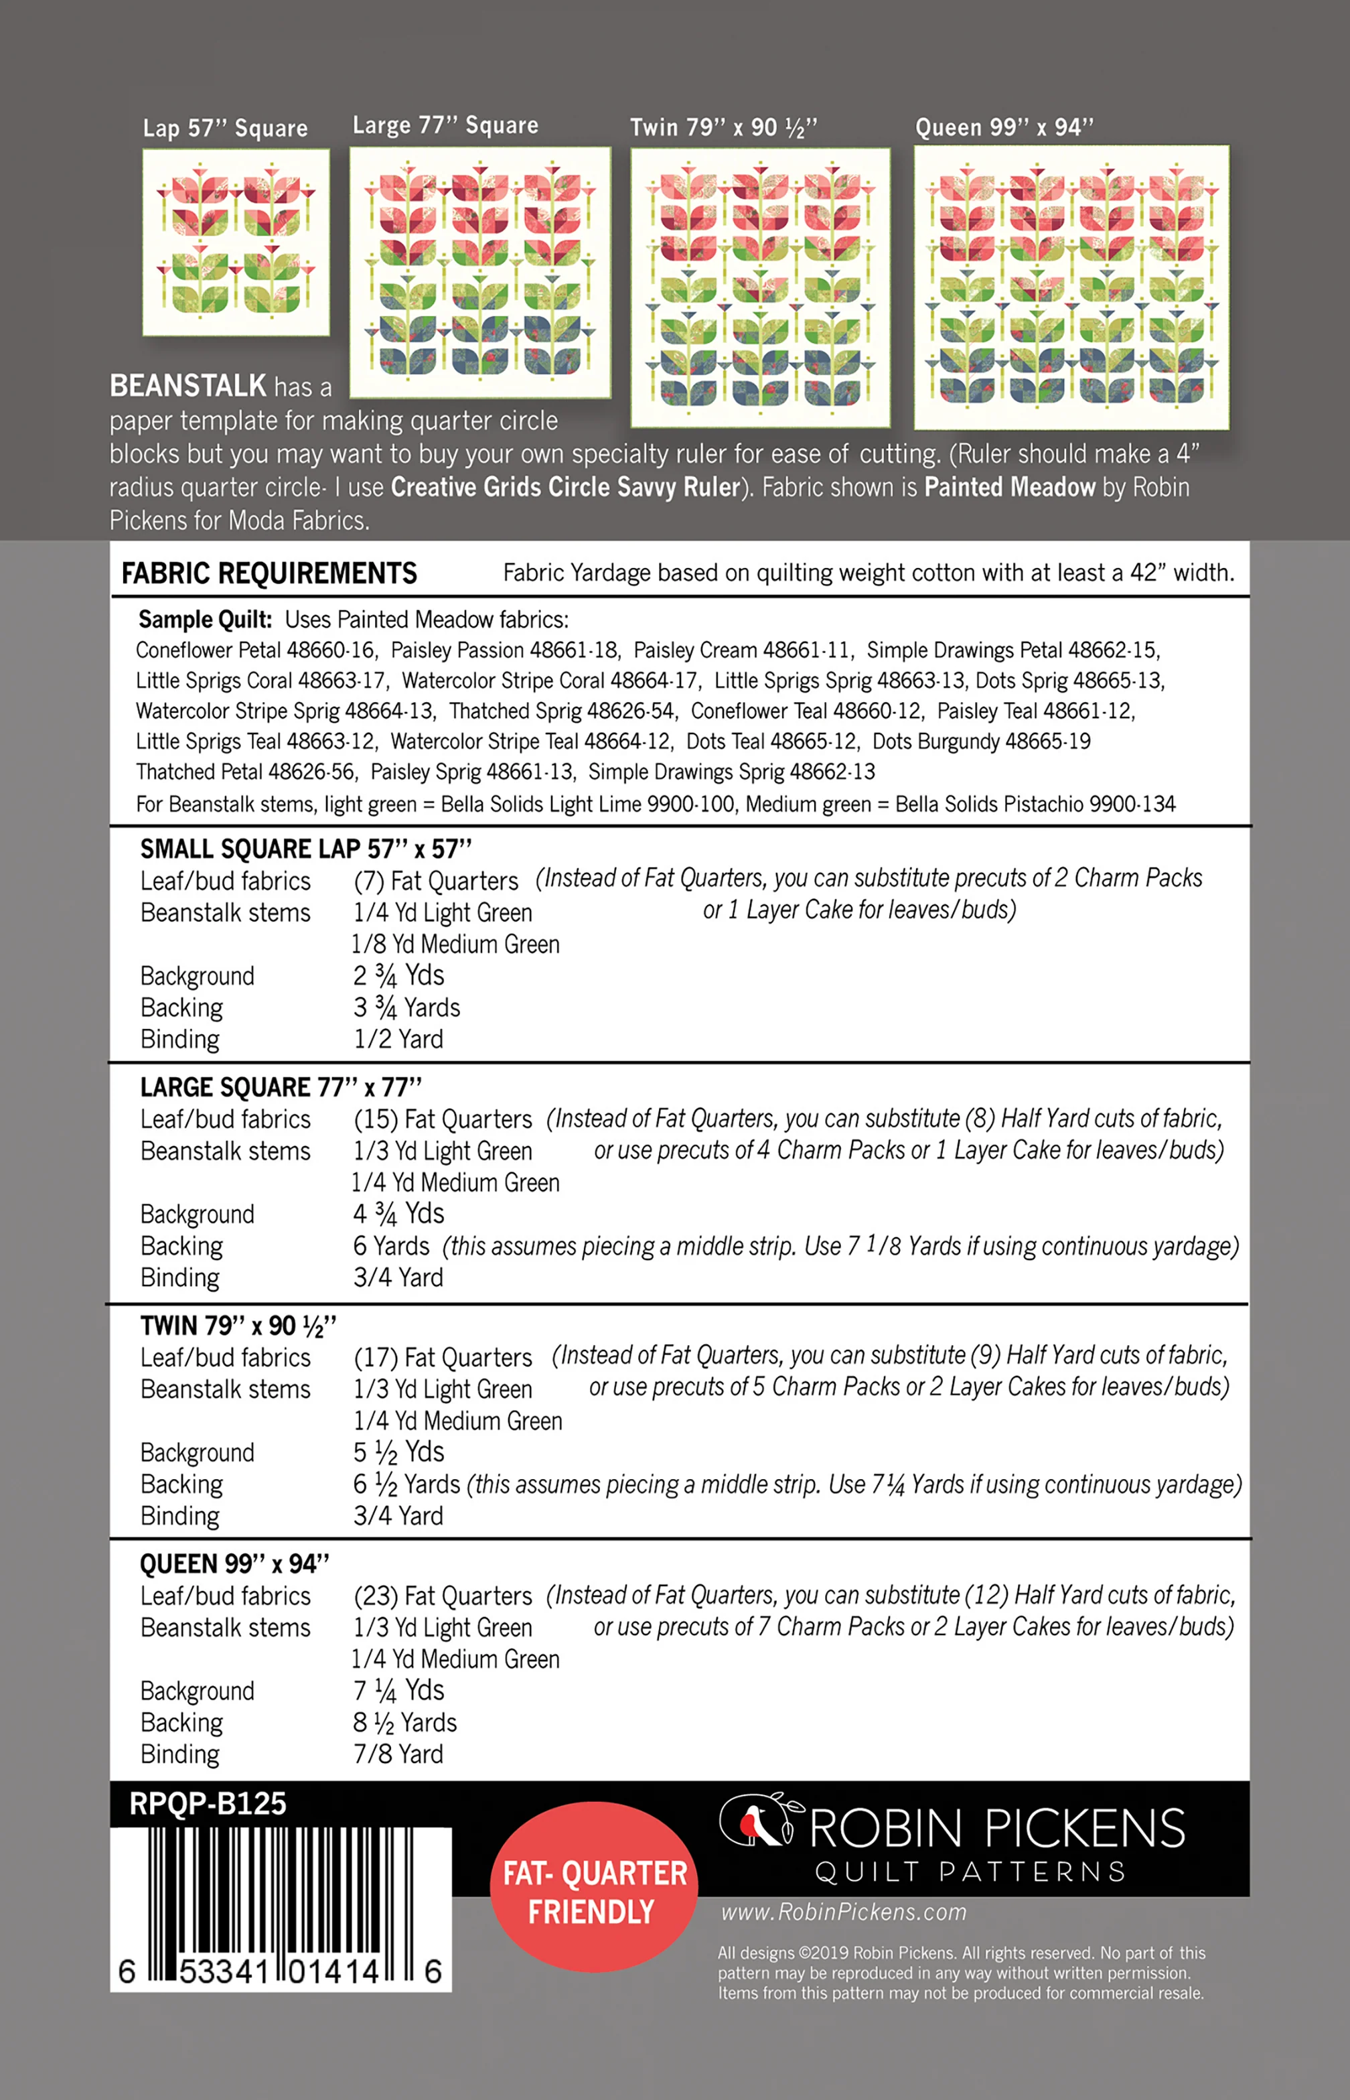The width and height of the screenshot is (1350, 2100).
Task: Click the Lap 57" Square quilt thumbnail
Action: (236, 242)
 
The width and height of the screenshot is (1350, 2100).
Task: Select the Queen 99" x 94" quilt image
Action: (1071, 287)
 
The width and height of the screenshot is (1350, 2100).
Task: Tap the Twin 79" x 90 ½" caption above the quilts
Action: (723, 128)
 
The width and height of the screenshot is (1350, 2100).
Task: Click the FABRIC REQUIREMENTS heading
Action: (269, 573)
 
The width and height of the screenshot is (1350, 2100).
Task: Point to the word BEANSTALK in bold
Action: (187, 386)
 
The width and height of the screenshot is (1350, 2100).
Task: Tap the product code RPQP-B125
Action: (208, 1804)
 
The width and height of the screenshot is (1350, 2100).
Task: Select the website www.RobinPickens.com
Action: (843, 1912)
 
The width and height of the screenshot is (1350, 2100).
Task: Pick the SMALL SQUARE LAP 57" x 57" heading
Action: (306, 849)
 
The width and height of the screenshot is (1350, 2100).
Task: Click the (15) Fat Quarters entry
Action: (443, 1120)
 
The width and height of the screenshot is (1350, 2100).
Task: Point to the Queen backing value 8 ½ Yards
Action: (405, 1723)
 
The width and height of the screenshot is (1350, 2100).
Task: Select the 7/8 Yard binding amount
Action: (398, 1754)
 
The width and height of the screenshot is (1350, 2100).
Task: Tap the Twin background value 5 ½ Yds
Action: (399, 1452)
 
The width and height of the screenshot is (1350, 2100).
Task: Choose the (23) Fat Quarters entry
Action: (443, 1596)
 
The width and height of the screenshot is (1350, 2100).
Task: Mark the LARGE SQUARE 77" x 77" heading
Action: (281, 1087)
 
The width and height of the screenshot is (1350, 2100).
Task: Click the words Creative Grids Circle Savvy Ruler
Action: (565, 488)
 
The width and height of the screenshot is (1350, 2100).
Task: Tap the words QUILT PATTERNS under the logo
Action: (970, 1872)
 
